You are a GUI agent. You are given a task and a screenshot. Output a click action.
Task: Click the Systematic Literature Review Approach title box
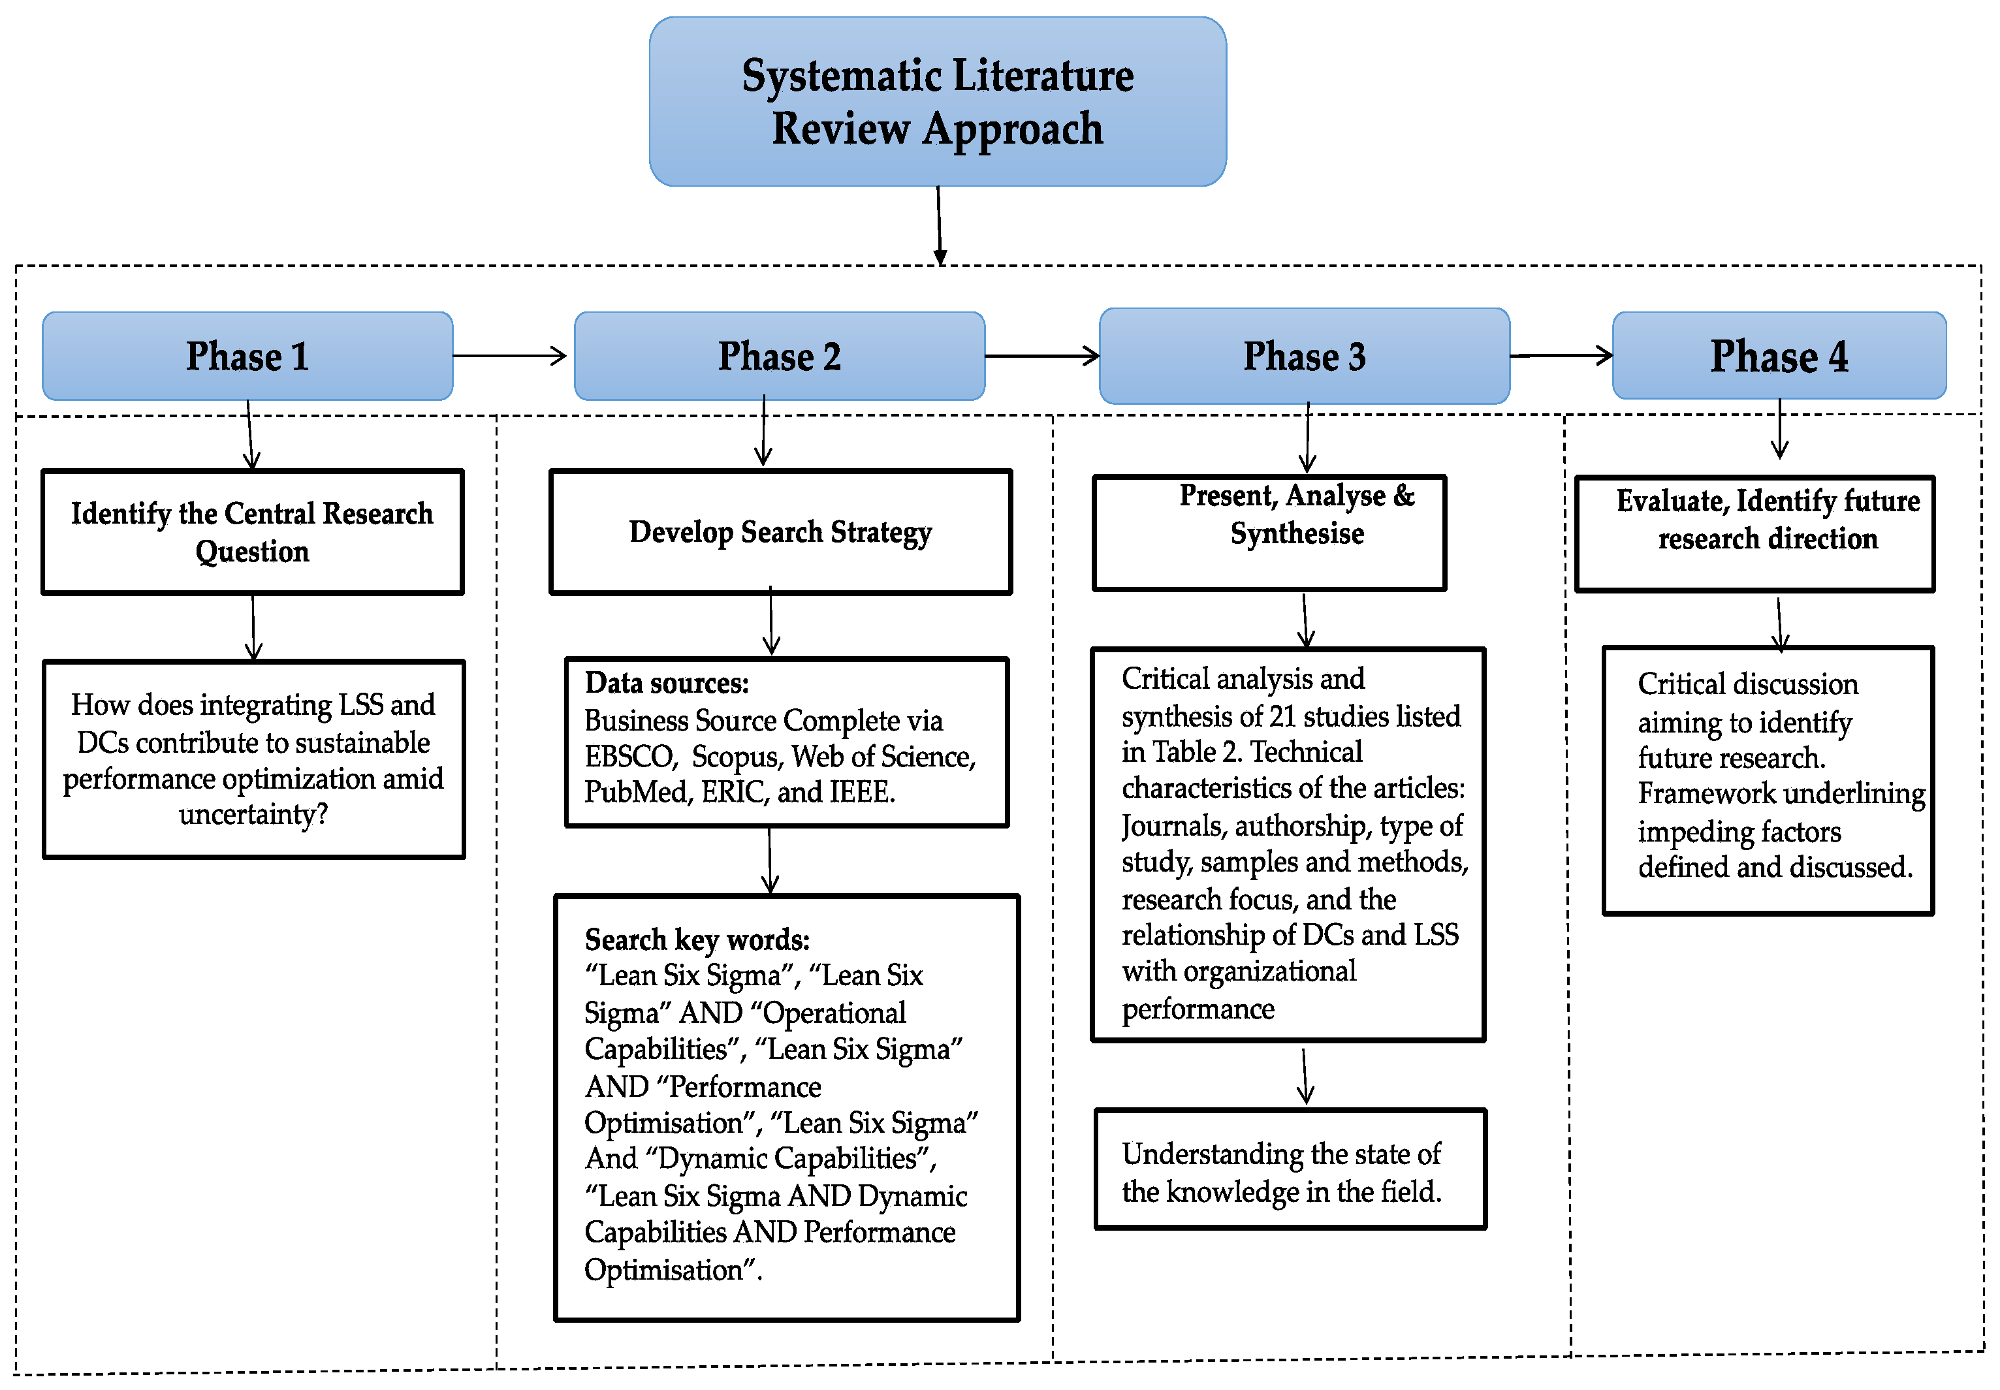[x=937, y=101]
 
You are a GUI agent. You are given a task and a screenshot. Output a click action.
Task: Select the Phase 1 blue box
[x=247, y=356]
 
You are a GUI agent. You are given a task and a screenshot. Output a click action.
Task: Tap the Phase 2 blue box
[x=779, y=356]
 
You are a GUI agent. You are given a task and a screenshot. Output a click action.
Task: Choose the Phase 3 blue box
[x=1304, y=356]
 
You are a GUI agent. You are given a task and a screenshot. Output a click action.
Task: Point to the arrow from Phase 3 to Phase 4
[x=1561, y=355]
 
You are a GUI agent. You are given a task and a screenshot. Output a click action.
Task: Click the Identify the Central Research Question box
[x=253, y=532]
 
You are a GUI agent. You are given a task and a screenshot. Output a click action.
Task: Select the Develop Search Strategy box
[x=780, y=532]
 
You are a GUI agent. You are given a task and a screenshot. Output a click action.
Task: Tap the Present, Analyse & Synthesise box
[x=1269, y=533]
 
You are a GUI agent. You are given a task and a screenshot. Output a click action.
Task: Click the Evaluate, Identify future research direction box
[x=1754, y=533]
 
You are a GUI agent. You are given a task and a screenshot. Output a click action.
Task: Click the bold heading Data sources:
[x=667, y=683]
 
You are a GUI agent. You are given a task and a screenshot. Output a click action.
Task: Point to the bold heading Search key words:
[x=697, y=940]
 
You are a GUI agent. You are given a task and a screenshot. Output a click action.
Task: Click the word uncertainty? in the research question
[x=253, y=814]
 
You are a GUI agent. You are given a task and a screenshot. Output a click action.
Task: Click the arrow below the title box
[x=939, y=225]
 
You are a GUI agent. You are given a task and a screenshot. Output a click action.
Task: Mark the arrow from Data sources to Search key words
[x=770, y=861]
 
